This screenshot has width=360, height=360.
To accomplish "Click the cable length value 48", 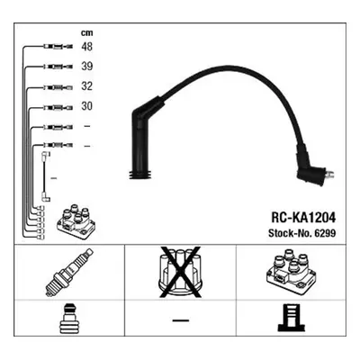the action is [x=86, y=47].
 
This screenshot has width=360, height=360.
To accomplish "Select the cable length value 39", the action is [x=86, y=67].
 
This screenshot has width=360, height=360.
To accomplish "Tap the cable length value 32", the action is [x=86, y=86].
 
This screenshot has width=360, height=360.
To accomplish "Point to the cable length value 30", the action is [x=86, y=106].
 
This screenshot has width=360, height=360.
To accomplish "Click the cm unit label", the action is [x=86, y=32].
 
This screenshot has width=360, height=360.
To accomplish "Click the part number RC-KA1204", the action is [x=303, y=218].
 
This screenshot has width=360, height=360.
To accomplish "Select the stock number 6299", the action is [x=327, y=233].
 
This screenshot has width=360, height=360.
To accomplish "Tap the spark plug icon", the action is [x=69, y=273].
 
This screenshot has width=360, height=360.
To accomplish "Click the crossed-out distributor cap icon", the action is [x=180, y=273].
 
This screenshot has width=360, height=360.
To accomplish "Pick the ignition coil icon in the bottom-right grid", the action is [x=291, y=271].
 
